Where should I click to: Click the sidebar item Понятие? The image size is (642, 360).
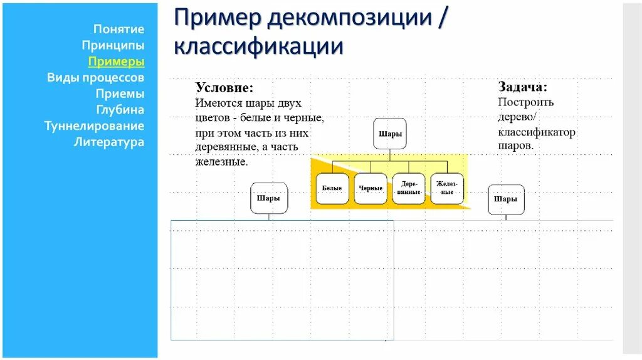pos(118,29)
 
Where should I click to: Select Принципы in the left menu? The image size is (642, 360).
pos(113,45)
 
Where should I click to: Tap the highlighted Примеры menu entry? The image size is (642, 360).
pos(116,61)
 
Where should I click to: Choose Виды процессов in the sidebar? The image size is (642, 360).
pos(95,78)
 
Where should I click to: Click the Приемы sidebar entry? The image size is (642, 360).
pos(120,93)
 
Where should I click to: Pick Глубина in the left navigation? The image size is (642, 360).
pos(120,110)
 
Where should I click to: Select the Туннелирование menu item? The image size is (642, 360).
pos(94,125)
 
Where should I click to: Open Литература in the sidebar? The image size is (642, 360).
pos(109,142)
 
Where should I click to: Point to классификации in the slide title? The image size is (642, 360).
pos(258,46)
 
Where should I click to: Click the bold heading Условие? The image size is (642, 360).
pos(224,88)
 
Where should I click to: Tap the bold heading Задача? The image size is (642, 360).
pos(522,87)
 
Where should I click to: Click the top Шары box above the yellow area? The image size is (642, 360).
pos(390,134)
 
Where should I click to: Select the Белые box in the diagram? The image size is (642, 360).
pos(332,189)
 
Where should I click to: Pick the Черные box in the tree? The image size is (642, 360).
pos(371,189)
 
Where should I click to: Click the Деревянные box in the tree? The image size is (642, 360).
pos(409,189)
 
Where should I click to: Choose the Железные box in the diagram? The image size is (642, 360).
pos(447,189)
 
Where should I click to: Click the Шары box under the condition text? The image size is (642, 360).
pos(269,198)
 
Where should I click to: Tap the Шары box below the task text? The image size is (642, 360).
pos(506,199)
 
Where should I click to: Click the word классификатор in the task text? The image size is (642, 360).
pos(537,132)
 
